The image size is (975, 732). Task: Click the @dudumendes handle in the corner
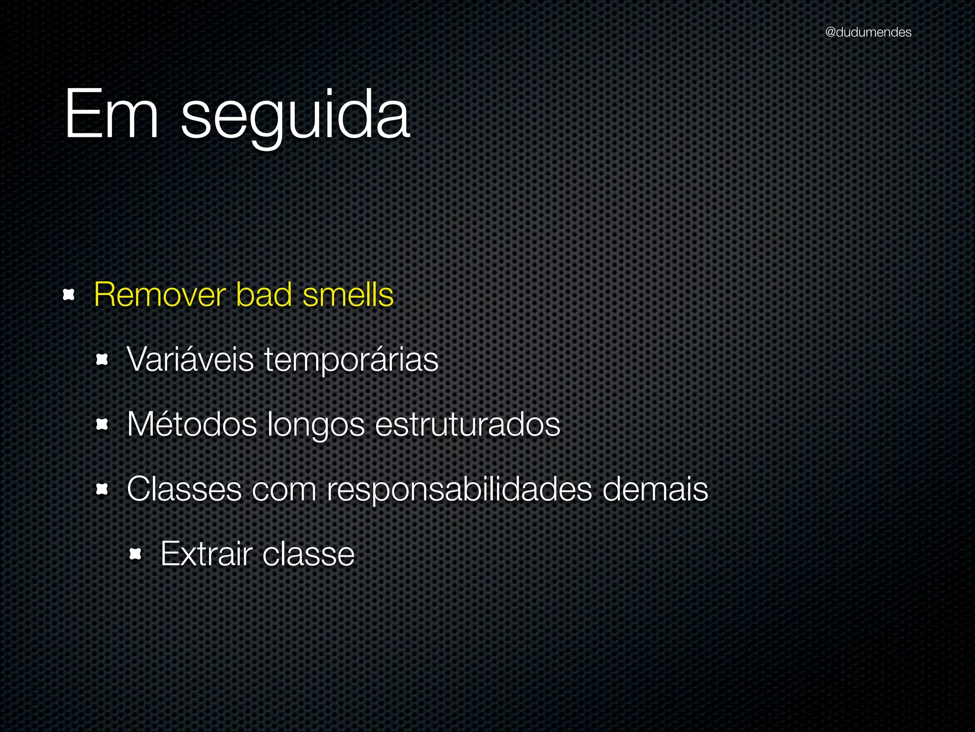tap(868, 32)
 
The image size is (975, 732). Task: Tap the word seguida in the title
tap(295, 117)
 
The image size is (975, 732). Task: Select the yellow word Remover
tap(159, 295)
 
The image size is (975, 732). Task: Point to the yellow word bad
tap(264, 295)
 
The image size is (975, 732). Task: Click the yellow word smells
tap(348, 295)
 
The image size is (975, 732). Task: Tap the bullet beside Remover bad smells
tap(69, 295)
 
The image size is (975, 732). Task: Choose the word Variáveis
tap(190, 359)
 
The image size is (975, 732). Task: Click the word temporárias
tap(351, 360)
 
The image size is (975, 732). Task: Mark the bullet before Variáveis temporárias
tap(102, 359)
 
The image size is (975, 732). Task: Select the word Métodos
tap(192, 424)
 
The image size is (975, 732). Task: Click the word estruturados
tap(468, 424)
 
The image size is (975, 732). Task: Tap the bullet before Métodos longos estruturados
tap(102, 424)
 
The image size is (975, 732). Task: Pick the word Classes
tap(184, 489)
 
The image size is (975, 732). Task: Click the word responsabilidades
tap(459, 490)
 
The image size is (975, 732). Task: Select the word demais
tap(655, 489)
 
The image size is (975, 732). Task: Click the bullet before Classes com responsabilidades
tap(102, 489)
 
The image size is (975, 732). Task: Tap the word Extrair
tap(206, 554)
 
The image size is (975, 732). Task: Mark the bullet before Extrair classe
tap(135, 554)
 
